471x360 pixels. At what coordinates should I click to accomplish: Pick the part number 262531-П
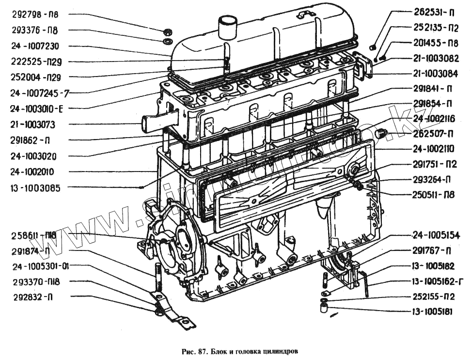[x=434, y=12]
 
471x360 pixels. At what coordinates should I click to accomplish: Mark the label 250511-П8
[x=434, y=195]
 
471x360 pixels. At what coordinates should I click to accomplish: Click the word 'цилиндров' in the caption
[x=282, y=350]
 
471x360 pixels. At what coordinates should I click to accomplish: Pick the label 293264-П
[x=434, y=180]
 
